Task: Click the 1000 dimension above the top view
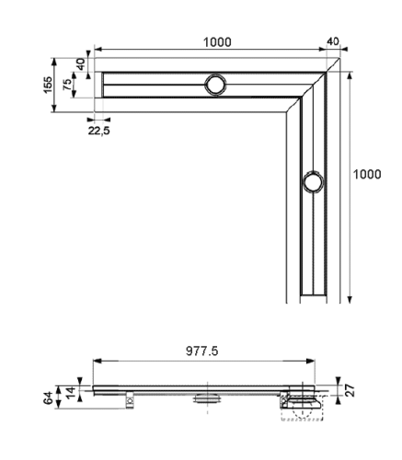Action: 218,41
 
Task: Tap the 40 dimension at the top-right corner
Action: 333,41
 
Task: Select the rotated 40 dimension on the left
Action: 81,66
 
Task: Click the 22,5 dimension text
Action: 98,131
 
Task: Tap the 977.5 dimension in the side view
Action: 212,351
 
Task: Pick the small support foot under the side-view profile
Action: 130,398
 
